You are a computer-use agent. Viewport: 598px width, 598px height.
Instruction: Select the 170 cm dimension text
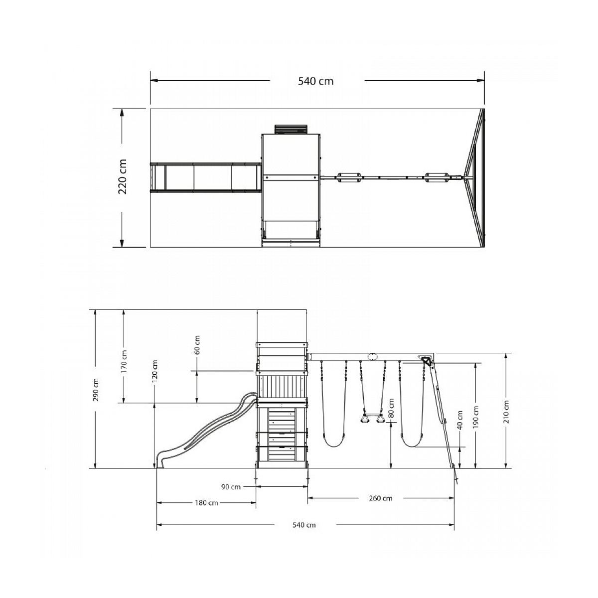pyautogui.click(x=124, y=361)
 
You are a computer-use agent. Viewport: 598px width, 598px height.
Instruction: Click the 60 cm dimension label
pyautogui.click(x=197, y=345)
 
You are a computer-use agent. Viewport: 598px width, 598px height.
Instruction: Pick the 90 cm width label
pyautogui.click(x=231, y=487)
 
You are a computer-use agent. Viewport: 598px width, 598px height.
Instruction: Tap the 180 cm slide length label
pyautogui.click(x=206, y=503)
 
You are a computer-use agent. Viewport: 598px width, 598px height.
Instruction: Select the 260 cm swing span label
pyautogui.click(x=380, y=498)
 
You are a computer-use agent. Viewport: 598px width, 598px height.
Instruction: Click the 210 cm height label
pyautogui.click(x=506, y=412)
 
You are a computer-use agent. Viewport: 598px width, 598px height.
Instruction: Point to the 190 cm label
pyautogui.click(x=476, y=418)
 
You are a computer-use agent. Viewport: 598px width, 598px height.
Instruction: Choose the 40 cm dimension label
pyautogui.click(x=460, y=420)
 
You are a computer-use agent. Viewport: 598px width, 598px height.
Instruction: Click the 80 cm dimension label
pyautogui.click(x=391, y=408)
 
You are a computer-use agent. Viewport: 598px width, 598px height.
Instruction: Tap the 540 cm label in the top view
pyautogui.click(x=315, y=81)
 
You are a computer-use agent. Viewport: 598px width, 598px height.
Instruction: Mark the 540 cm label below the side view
pyautogui.click(x=304, y=525)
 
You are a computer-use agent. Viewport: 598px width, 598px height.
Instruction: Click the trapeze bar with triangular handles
pyautogui.click(x=372, y=418)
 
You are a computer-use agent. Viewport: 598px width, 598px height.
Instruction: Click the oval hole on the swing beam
pyautogui.click(x=371, y=357)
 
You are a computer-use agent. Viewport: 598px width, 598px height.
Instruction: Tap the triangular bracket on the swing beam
pyautogui.click(x=427, y=361)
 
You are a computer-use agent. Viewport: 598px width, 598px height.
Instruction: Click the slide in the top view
pyautogui.click(x=205, y=177)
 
